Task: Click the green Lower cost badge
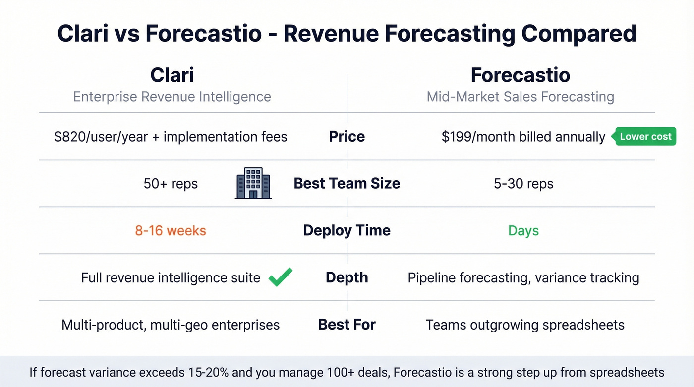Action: pyautogui.click(x=645, y=137)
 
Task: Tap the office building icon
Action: pyautogui.click(x=253, y=183)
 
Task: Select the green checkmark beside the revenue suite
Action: pyautogui.click(x=281, y=277)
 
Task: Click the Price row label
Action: pyautogui.click(x=347, y=137)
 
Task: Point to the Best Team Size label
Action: pyautogui.click(x=347, y=183)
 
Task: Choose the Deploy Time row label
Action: pyautogui.click(x=347, y=230)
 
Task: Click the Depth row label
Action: pyautogui.click(x=347, y=277)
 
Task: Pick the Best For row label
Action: pyautogui.click(x=347, y=325)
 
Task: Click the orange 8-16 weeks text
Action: pyautogui.click(x=171, y=230)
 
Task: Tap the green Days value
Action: pyautogui.click(x=523, y=230)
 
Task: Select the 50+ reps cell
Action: pyautogui.click(x=171, y=184)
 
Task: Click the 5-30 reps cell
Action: pyautogui.click(x=523, y=184)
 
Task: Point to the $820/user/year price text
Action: pyautogui.click(x=171, y=137)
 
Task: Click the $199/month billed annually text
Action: pyautogui.click(x=523, y=137)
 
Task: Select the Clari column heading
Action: pyautogui.click(x=172, y=75)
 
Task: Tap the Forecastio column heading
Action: pyautogui.click(x=520, y=75)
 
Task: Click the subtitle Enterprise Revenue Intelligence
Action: pyautogui.click(x=172, y=96)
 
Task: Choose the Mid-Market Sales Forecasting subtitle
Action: pyautogui.click(x=520, y=96)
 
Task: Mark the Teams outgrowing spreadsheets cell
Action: pyautogui.click(x=525, y=325)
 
